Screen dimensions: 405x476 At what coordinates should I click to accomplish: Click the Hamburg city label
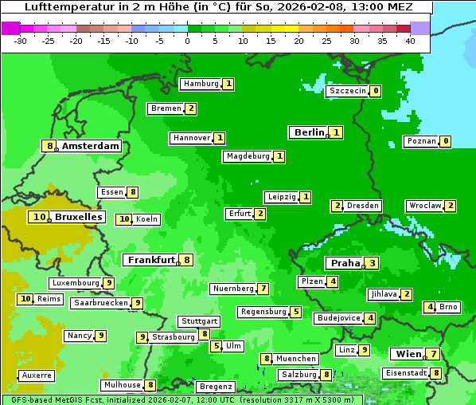coord(201,84)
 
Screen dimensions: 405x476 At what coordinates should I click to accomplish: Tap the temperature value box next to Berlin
coord(337,132)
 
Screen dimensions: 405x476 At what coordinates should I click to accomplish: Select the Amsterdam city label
coord(91,146)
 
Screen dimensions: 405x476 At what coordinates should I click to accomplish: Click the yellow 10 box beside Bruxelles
coord(38,217)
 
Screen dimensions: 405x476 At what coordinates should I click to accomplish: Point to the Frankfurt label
coord(151,260)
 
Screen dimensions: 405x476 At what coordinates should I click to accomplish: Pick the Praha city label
coord(345,263)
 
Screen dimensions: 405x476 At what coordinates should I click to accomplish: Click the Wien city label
coord(407,354)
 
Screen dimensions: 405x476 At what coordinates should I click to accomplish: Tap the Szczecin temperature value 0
coord(375,91)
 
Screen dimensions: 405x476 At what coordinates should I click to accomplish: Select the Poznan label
coord(421,141)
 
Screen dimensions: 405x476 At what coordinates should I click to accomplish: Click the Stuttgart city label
coord(198,321)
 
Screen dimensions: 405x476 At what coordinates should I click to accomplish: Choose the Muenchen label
coord(296,359)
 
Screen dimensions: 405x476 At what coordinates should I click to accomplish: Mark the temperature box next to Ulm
coord(217,346)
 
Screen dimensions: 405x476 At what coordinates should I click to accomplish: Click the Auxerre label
coord(37,376)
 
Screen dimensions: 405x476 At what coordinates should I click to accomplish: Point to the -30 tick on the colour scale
coord(21,41)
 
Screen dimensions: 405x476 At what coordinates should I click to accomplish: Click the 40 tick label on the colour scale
coord(410,41)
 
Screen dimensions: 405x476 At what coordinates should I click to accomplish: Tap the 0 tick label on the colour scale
coord(187,41)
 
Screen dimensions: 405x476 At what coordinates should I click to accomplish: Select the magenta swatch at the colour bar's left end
coord(11,28)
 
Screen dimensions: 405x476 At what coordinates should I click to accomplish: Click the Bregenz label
coord(215,387)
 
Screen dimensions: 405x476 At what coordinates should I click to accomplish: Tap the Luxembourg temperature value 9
coord(109,283)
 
